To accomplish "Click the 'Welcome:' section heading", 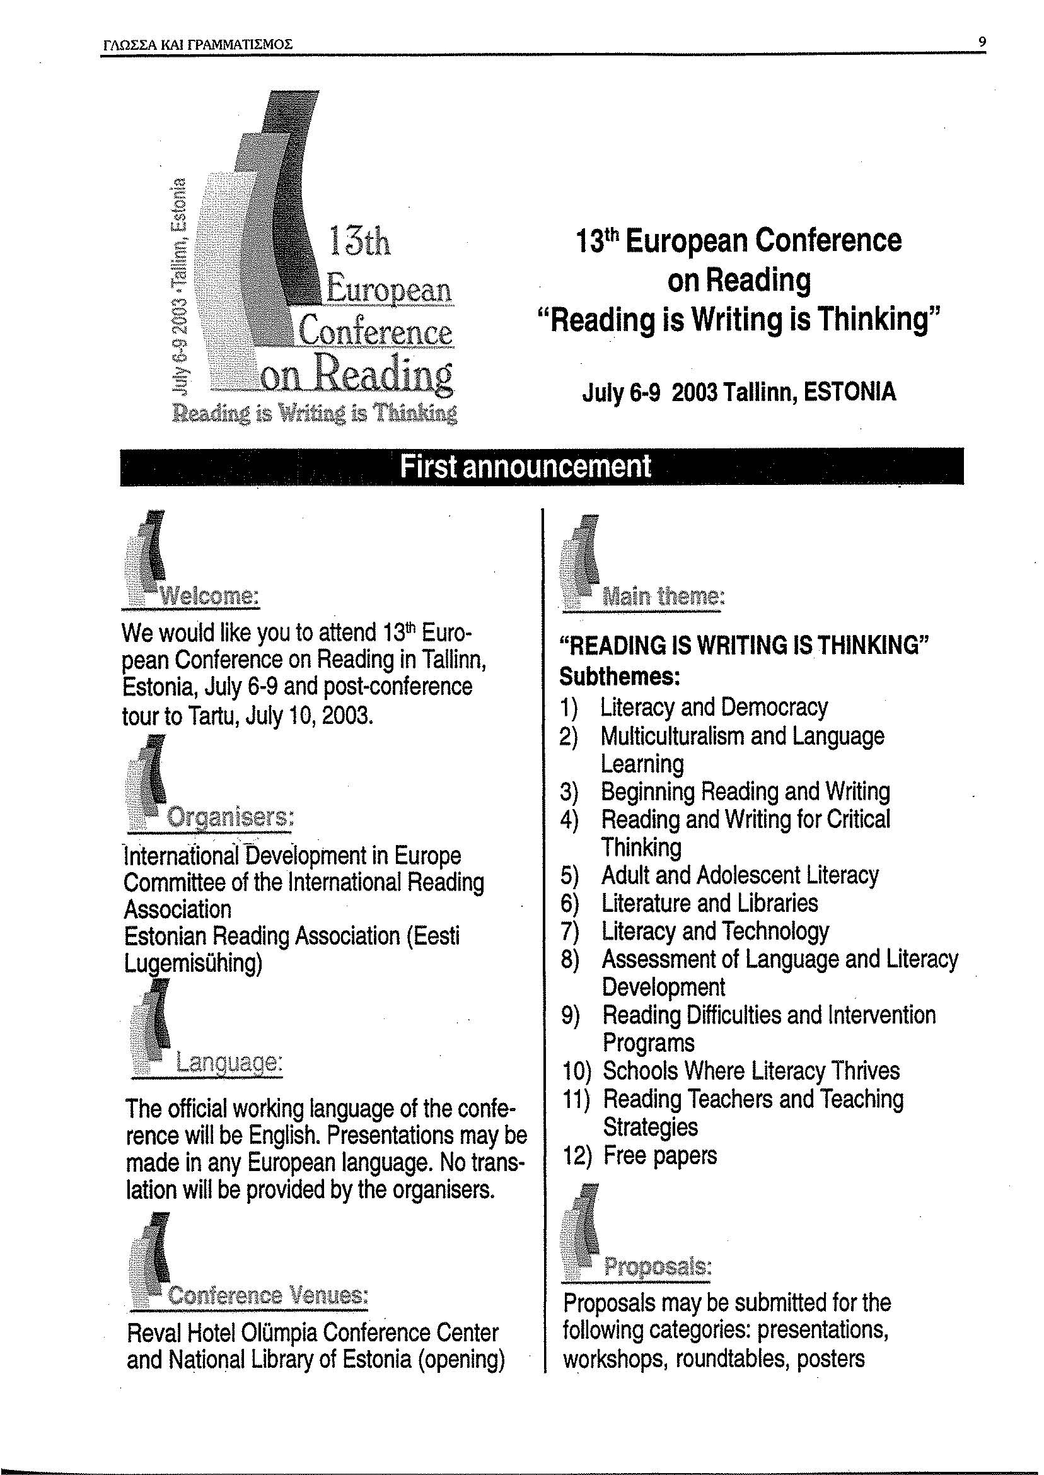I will pyautogui.click(x=209, y=596).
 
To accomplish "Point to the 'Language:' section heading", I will pyautogui.click(x=229, y=1061).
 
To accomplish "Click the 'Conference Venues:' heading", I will pyautogui.click(x=267, y=1294).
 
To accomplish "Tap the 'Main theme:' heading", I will pyautogui.click(x=663, y=597).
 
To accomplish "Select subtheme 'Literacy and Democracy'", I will pyautogui.click(x=714, y=708).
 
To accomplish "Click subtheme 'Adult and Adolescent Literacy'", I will pyautogui.click(x=739, y=875).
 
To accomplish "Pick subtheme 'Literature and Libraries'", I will pyautogui.click(x=709, y=904).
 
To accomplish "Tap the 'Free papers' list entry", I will pyautogui.click(x=659, y=1155).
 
